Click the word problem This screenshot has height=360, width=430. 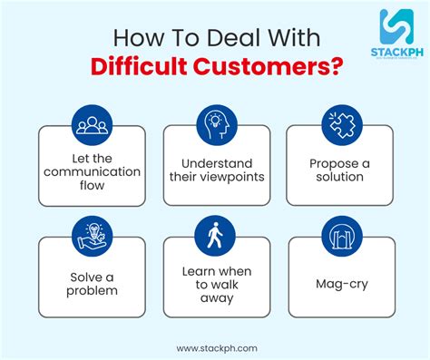(x=93, y=291)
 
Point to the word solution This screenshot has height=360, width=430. (x=339, y=177)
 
